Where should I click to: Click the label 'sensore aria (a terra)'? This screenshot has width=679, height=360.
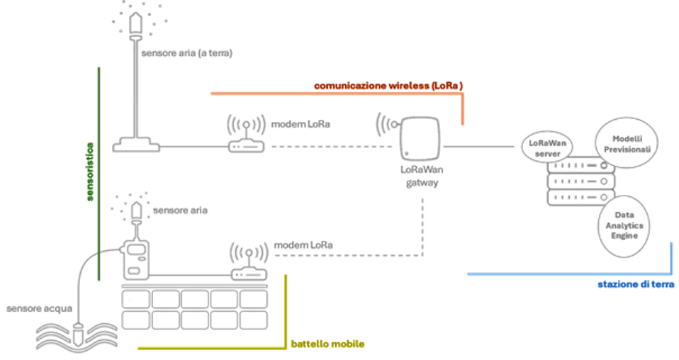tap(186, 53)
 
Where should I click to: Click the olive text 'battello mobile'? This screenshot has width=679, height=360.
tap(327, 344)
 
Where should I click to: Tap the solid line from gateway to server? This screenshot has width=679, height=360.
tap(478, 147)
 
